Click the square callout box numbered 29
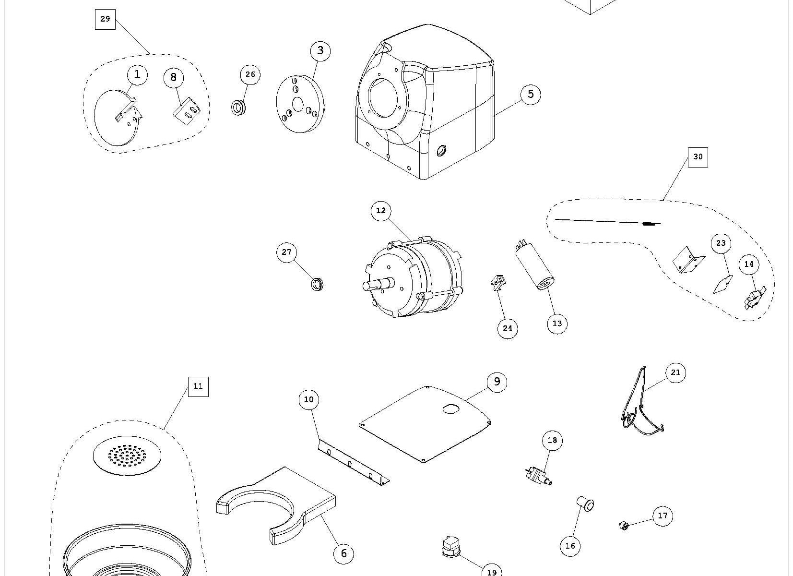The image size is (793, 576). [x=105, y=19]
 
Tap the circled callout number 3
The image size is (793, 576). [x=320, y=50]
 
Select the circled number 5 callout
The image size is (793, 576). [x=530, y=94]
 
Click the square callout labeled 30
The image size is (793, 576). [x=698, y=157]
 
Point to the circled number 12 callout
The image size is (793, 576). [x=381, y=211]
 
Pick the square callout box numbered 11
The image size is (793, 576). [x=198, y=386]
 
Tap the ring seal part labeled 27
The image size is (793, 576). [x=317, y=284]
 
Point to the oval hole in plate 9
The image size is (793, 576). [x=451, y=408]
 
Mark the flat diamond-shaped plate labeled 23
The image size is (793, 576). [x=723, y=284]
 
